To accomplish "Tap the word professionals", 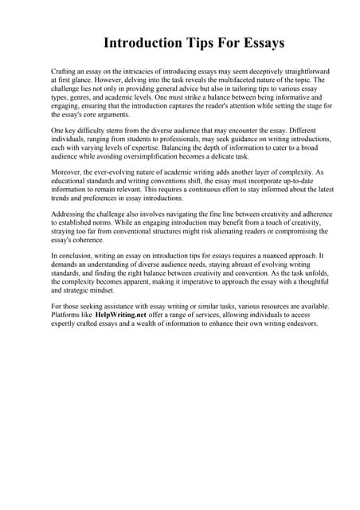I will pyautogui.click(x=172, y=139).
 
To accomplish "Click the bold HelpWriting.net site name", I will pyautogui.click(x=120, y=315).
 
